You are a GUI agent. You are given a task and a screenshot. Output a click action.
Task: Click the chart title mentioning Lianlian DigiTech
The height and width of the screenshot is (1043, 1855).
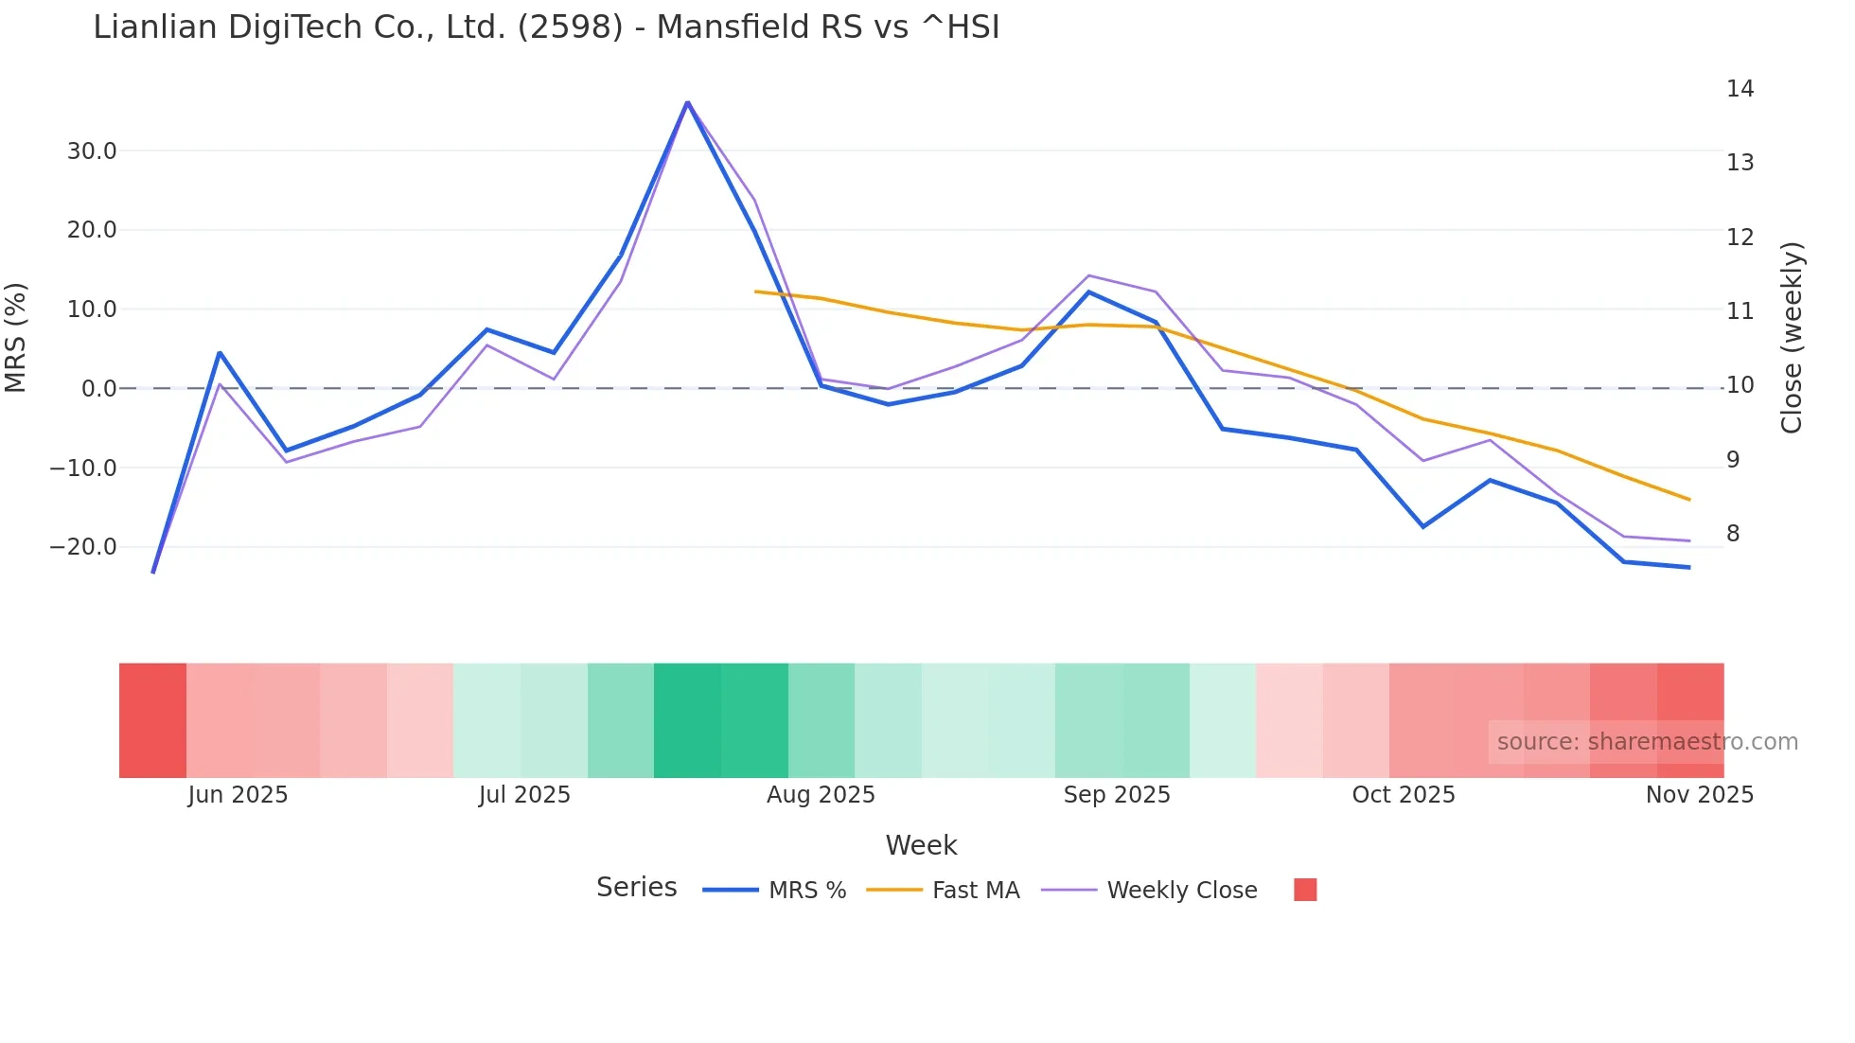tap(546, 27)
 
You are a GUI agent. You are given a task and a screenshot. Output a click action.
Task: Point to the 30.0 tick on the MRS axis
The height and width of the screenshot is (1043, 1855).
tap(92, 151)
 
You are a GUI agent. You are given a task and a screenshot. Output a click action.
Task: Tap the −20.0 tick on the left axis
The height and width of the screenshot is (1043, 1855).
tap(84, 547)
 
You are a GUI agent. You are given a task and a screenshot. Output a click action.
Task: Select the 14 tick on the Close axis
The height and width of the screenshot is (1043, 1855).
tap(1740, 89)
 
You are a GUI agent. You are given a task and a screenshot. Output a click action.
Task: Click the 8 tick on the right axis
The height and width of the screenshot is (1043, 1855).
tap(1733, 534)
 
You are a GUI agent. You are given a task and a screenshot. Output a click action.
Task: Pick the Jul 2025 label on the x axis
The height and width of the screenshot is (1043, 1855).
tap(524, 795)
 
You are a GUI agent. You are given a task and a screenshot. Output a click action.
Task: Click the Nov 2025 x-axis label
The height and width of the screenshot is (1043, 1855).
tap(1699, 795)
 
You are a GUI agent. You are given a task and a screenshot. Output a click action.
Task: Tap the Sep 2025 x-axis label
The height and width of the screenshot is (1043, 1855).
tap(1117, 795)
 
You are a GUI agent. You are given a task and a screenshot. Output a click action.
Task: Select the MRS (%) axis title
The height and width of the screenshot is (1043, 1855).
tap(16, 338)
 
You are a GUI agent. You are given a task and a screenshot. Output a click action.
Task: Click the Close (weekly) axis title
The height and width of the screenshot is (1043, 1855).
tap(1792, 338)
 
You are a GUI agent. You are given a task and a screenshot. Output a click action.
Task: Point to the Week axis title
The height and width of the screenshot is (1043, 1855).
tap(921, 845)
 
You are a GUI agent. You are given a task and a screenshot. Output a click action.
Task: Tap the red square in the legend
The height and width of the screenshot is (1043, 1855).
tap(1305, 890)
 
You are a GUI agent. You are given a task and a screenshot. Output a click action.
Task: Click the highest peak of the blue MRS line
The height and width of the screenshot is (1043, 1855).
tap(687, 102)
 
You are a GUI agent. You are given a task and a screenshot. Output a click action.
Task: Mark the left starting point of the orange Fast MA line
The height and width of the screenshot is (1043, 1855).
tap(755, 292)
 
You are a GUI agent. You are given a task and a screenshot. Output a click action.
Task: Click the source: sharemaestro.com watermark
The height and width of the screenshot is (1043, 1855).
tap(1647, 742)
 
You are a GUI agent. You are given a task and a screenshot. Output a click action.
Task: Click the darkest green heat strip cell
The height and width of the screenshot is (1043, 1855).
tap(687, 720)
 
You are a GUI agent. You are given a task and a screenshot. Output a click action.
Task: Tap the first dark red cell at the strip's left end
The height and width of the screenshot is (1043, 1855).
tap(152, 720)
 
